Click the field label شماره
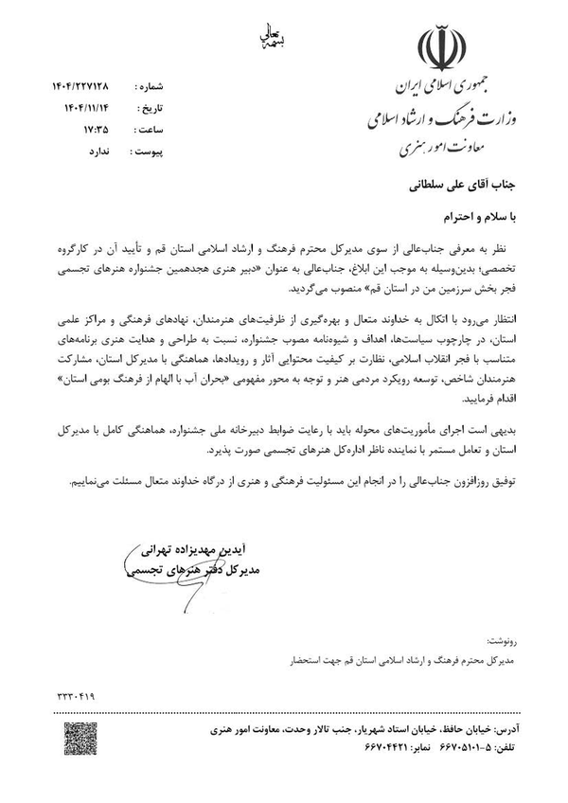pyautogui.click(x=165, y=84)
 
